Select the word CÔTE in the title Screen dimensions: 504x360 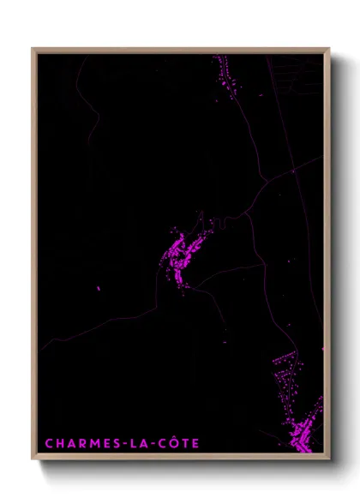coord(176,443)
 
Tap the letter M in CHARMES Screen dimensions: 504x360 coord(88,443)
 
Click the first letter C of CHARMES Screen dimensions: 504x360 coord(49,443)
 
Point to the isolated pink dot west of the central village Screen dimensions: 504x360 coord(99,288)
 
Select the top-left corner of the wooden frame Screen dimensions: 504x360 coord(33,49)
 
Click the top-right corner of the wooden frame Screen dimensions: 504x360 coord(328,49)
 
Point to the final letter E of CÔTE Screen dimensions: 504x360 coord(195,443)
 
